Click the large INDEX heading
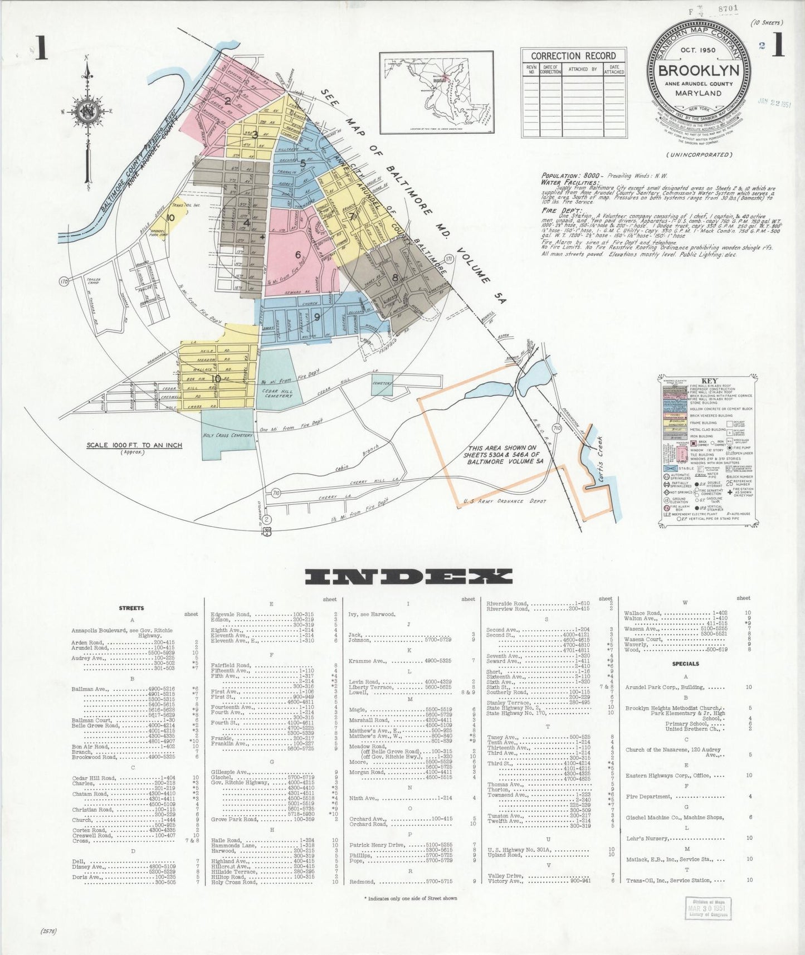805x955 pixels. coord(408,577)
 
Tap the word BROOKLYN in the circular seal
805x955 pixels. coord(699,71)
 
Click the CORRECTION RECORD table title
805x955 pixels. coord(573,56)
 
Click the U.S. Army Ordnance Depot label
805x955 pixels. coord(504,501)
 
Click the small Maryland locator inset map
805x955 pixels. coord(437,92)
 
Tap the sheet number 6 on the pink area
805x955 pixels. coord(298,255)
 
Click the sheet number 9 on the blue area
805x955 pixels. coord(317,317)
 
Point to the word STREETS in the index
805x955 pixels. coord(132,608)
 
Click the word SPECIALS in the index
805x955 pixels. coord(686,664)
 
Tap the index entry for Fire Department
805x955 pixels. coord(648,797)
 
